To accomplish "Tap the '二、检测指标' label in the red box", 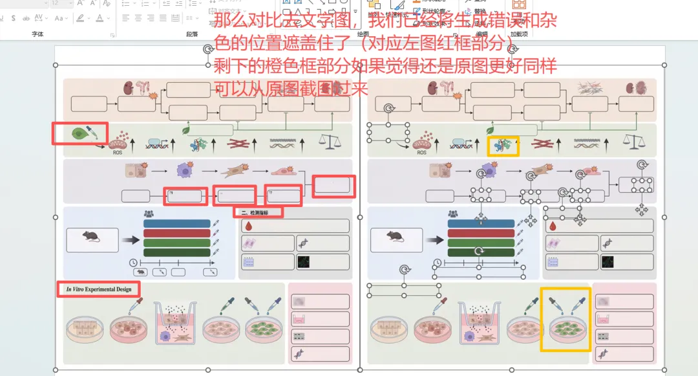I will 259,212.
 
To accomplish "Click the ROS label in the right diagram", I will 421,153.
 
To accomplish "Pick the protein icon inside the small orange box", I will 503,146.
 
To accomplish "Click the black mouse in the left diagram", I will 92,238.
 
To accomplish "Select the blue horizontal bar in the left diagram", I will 176,224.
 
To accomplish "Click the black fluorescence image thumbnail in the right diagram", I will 608,262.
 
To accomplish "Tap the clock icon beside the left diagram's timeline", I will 133,262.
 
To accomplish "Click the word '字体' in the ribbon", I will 38,34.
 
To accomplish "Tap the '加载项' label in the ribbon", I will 518,34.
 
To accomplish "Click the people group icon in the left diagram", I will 149,214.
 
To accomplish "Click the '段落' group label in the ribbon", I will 192,34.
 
